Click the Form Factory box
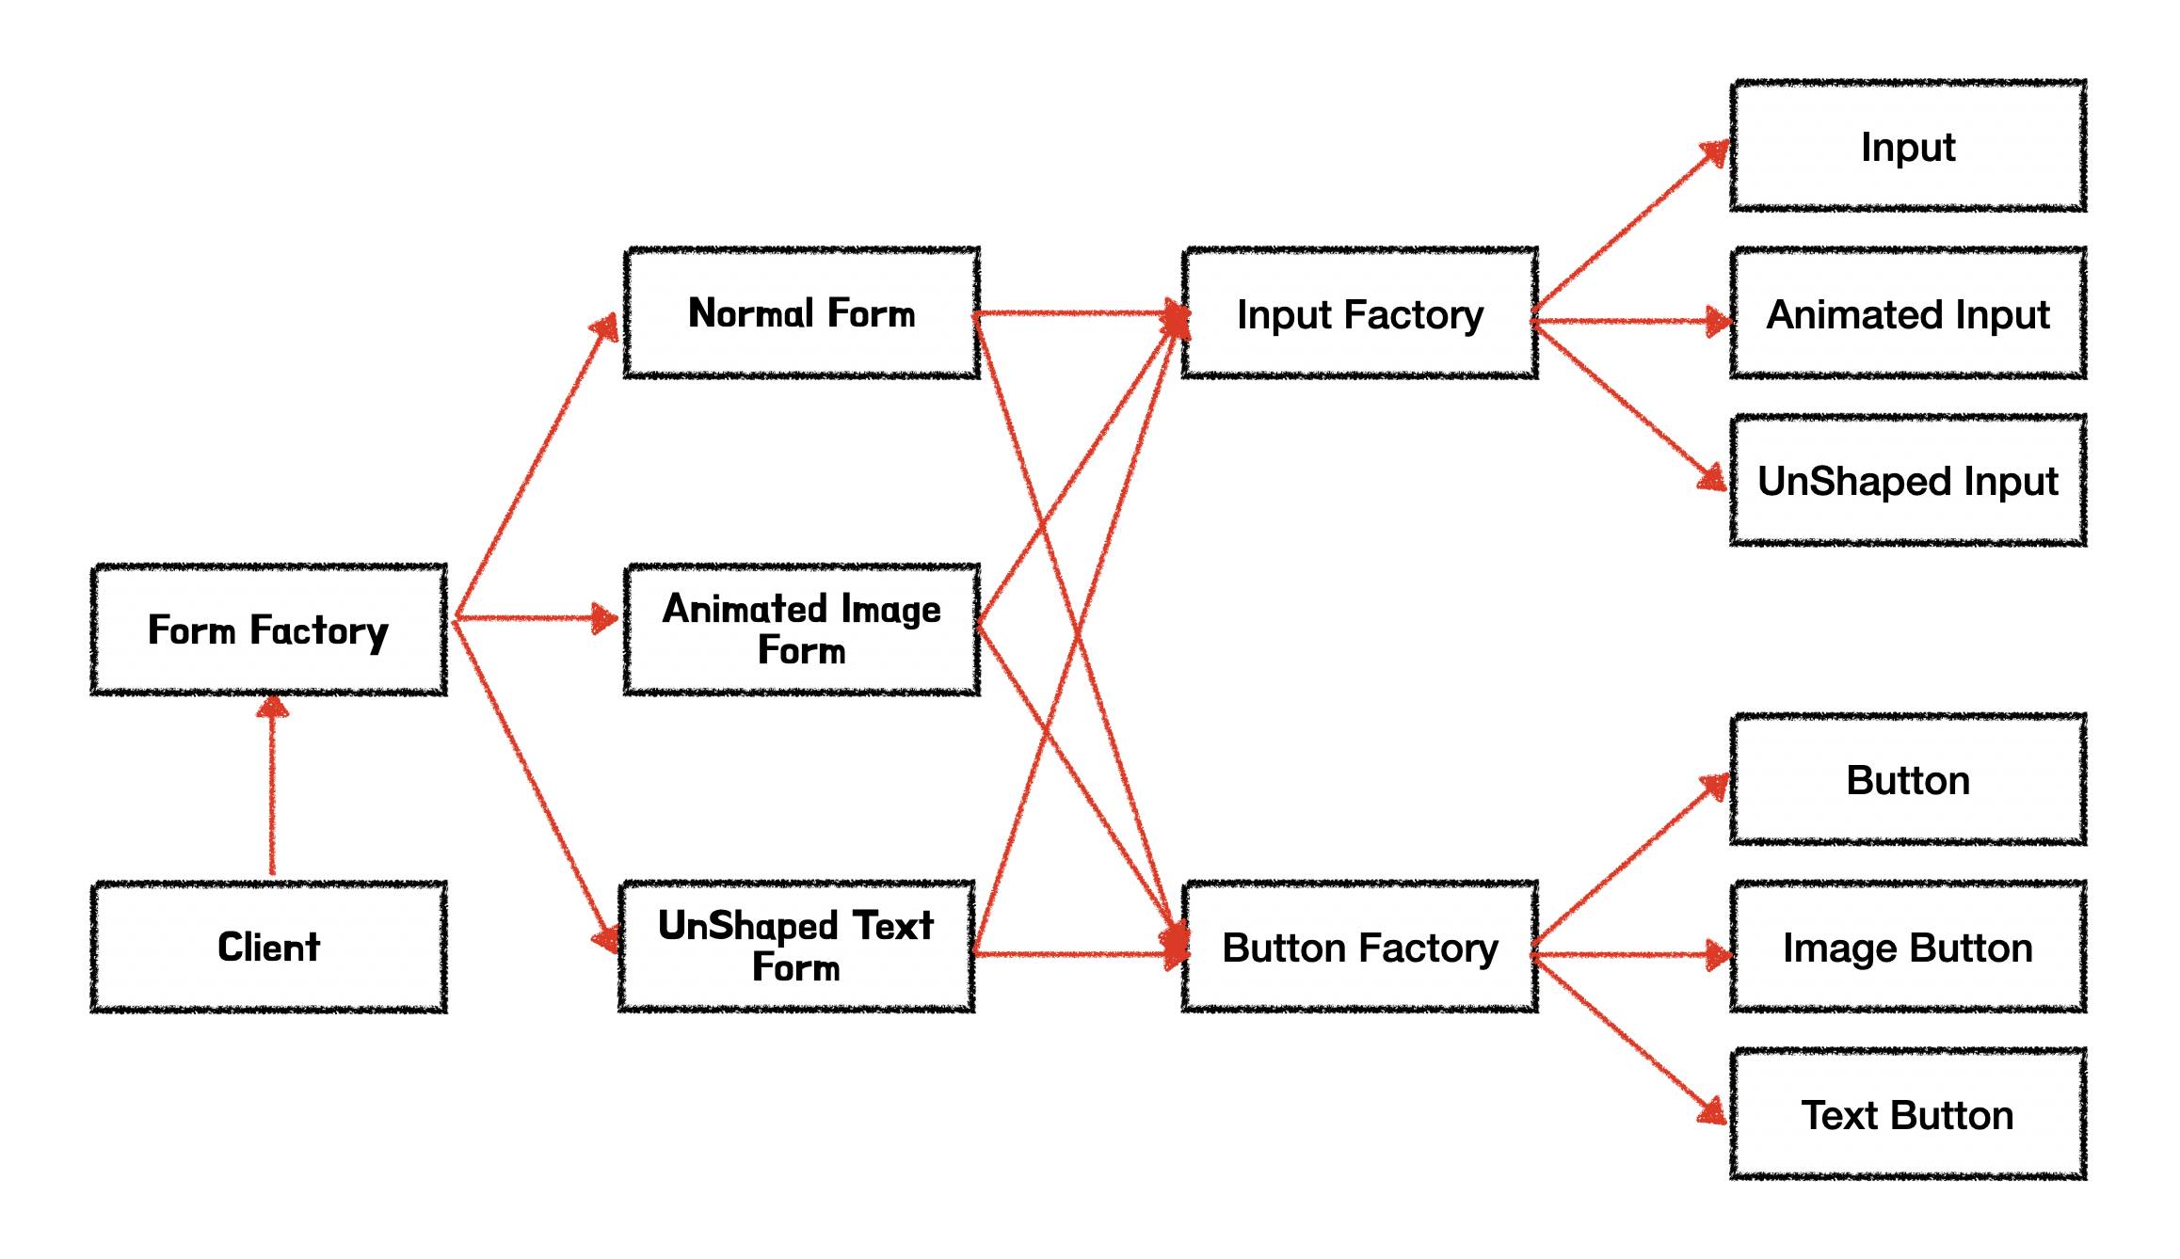click(268, 629)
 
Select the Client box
click(268, 947)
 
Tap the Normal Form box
click(801, 313)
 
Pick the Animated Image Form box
click(801, 629)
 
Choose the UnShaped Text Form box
click(796, 947)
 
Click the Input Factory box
click(1359, 313)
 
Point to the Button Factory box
click(1359, 947)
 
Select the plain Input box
click(1907, 146)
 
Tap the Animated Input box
click(1907, 313)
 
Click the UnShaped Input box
click(1907, 480)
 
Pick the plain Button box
click(1907, 780)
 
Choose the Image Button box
click(1907, 947)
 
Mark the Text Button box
click(1907, 1114)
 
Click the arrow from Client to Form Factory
click(272, 790)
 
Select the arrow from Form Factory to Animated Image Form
click(532, 618)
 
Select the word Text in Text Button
click(1839, 1116)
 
